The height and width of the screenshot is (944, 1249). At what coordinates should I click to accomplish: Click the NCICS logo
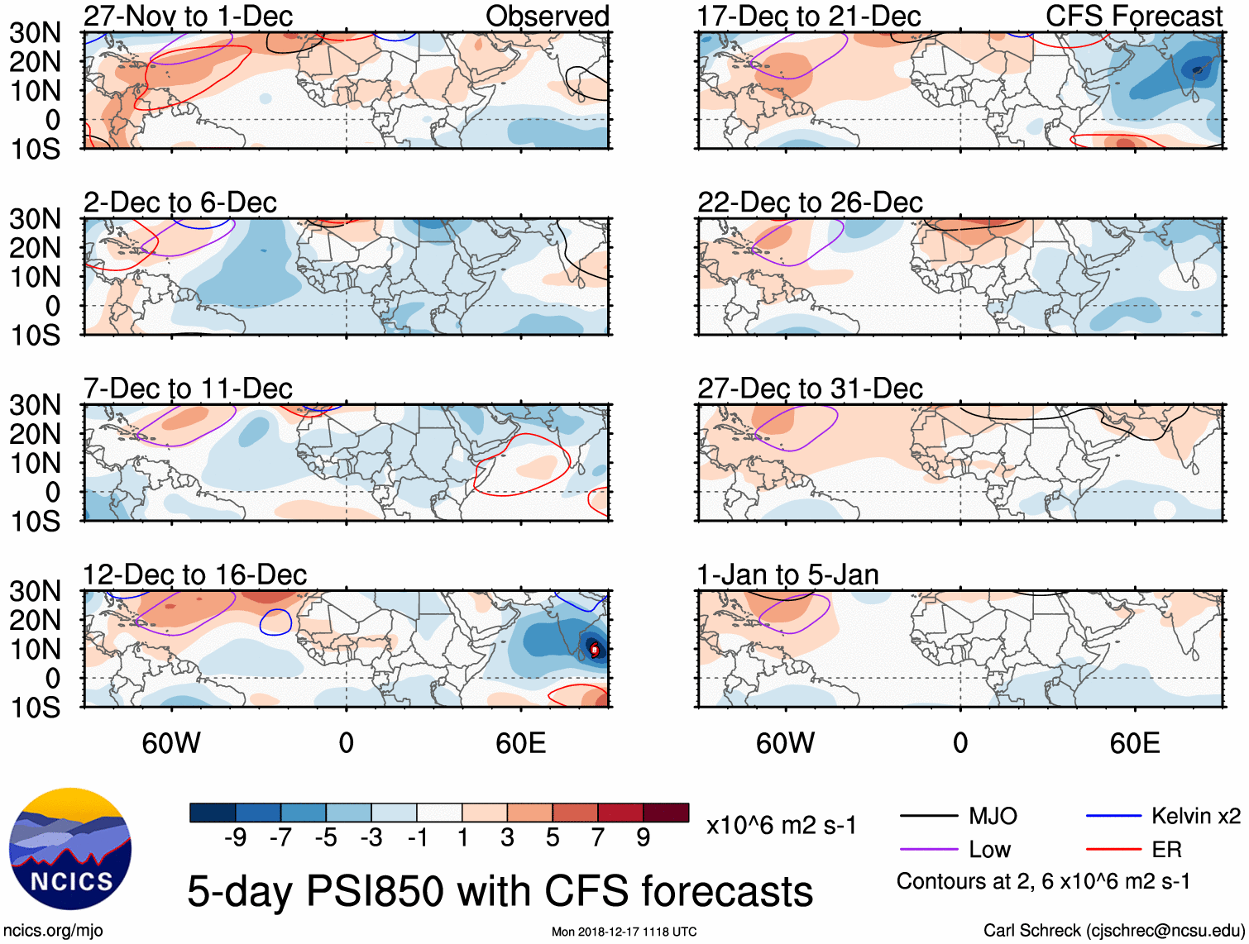click(70, 849)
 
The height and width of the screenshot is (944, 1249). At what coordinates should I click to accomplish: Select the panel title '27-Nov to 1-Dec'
click(188, 16)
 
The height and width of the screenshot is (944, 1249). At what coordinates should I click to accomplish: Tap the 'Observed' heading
click(547, 16)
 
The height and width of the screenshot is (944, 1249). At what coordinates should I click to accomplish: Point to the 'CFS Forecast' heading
click(1133, 16)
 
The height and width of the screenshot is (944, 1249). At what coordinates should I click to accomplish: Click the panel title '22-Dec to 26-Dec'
click(810, 203)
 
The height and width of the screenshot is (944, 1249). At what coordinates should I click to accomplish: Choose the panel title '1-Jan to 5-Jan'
click(787, 575)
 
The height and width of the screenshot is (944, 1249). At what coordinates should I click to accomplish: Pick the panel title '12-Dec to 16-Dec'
click(194, 575)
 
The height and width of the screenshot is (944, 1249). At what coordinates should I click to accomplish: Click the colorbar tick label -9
click(235, 838)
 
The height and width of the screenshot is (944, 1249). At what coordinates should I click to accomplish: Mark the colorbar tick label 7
click(598, 838)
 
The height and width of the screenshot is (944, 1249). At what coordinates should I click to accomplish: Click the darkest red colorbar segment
click(666, 813)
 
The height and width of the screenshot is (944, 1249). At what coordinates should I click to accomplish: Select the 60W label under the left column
click(171, 743)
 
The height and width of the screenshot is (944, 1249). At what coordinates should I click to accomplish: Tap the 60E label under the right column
click(1134, 743)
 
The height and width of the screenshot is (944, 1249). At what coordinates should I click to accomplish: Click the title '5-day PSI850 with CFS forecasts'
click(500, 891)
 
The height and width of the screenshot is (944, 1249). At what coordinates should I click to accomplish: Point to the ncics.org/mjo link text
click(53, 931)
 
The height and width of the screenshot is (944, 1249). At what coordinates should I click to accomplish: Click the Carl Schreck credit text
click(1113, 931)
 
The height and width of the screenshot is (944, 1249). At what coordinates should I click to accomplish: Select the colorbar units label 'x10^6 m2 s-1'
click(781, 826)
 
